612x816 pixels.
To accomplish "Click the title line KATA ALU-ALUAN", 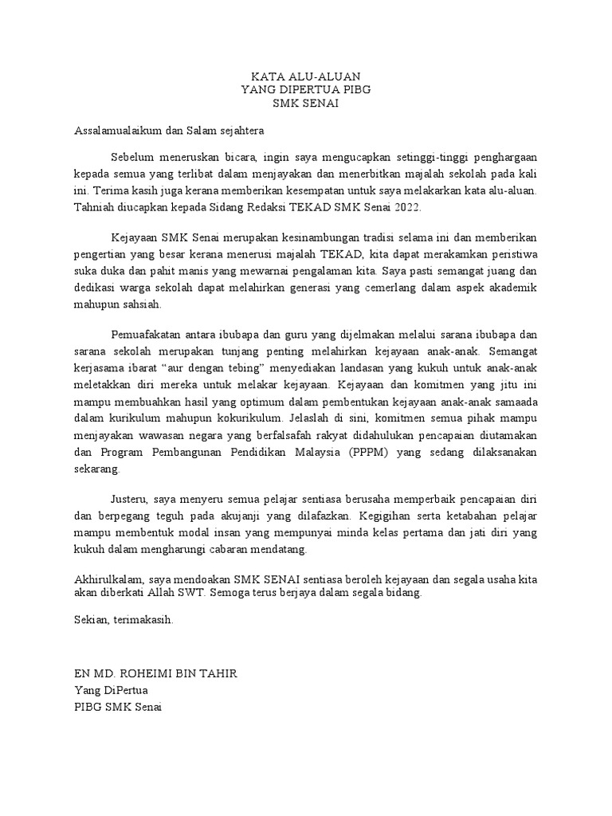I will coord(306,77).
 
